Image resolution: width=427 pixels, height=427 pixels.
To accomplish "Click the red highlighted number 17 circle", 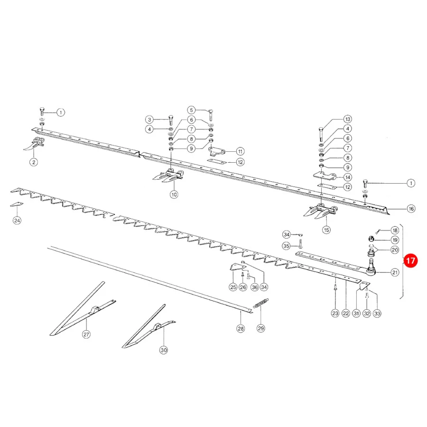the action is [410, 260].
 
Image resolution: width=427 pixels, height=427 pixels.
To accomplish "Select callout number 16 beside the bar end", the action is [411, 209].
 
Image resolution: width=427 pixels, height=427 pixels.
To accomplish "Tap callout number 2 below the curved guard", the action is [34, 162].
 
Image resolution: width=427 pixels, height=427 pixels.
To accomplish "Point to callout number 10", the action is [174, 195].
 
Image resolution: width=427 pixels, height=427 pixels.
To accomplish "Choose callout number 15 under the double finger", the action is [326, 230].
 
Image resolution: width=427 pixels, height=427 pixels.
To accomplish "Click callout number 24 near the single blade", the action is [17, 220].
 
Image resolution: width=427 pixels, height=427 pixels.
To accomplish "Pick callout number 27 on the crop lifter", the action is [86, 334].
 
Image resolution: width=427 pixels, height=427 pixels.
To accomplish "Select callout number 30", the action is [163, 350].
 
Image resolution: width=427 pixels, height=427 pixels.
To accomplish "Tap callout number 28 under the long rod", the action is [241, 328].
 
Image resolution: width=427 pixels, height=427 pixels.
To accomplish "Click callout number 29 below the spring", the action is [261, 328].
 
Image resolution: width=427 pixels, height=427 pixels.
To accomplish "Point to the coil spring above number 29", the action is [261, 303].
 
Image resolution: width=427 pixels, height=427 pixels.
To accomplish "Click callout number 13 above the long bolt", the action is [347, 119].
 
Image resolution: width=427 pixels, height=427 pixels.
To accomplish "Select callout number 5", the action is [192, 110].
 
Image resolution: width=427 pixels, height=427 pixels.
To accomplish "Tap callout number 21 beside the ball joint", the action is [395, 272].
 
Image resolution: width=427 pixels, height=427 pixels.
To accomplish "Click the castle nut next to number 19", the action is [371, 239].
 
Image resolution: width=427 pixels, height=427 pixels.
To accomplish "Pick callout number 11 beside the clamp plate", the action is [240, 151].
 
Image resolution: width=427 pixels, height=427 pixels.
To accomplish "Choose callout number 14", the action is [347, 177].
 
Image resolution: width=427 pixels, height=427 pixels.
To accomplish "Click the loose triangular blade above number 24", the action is [17, 204].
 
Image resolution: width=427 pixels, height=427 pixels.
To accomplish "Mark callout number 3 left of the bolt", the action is [149, 120].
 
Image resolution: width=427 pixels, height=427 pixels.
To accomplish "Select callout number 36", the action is [255, 287].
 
